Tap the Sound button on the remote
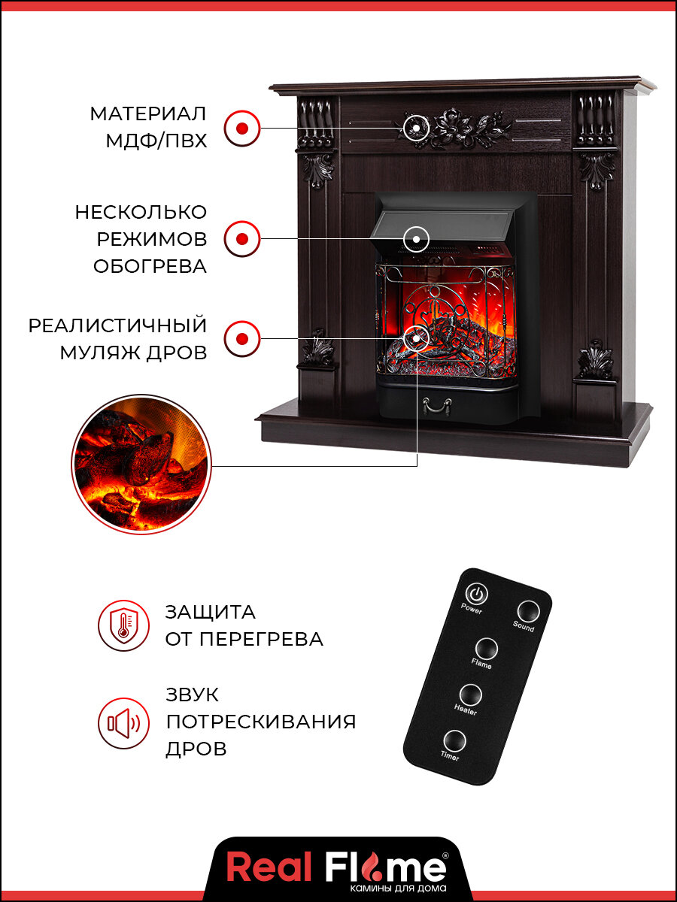click(527, 610)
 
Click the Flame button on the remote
click(486, 648)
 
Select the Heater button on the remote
click(470, 694)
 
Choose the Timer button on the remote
click(454, 740)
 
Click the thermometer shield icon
click(123, 625)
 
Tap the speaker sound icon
click(123, 723)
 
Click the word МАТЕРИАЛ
click(148, 114)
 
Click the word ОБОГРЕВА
click(150, 266)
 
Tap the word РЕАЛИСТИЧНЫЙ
click(117, 326)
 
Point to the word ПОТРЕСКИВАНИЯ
click(260, 722)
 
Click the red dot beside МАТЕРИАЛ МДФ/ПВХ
click(241, 128)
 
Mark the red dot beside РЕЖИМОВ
click(241, 239)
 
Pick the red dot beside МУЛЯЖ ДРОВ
click(241, 338)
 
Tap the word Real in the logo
click(269, 868)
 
